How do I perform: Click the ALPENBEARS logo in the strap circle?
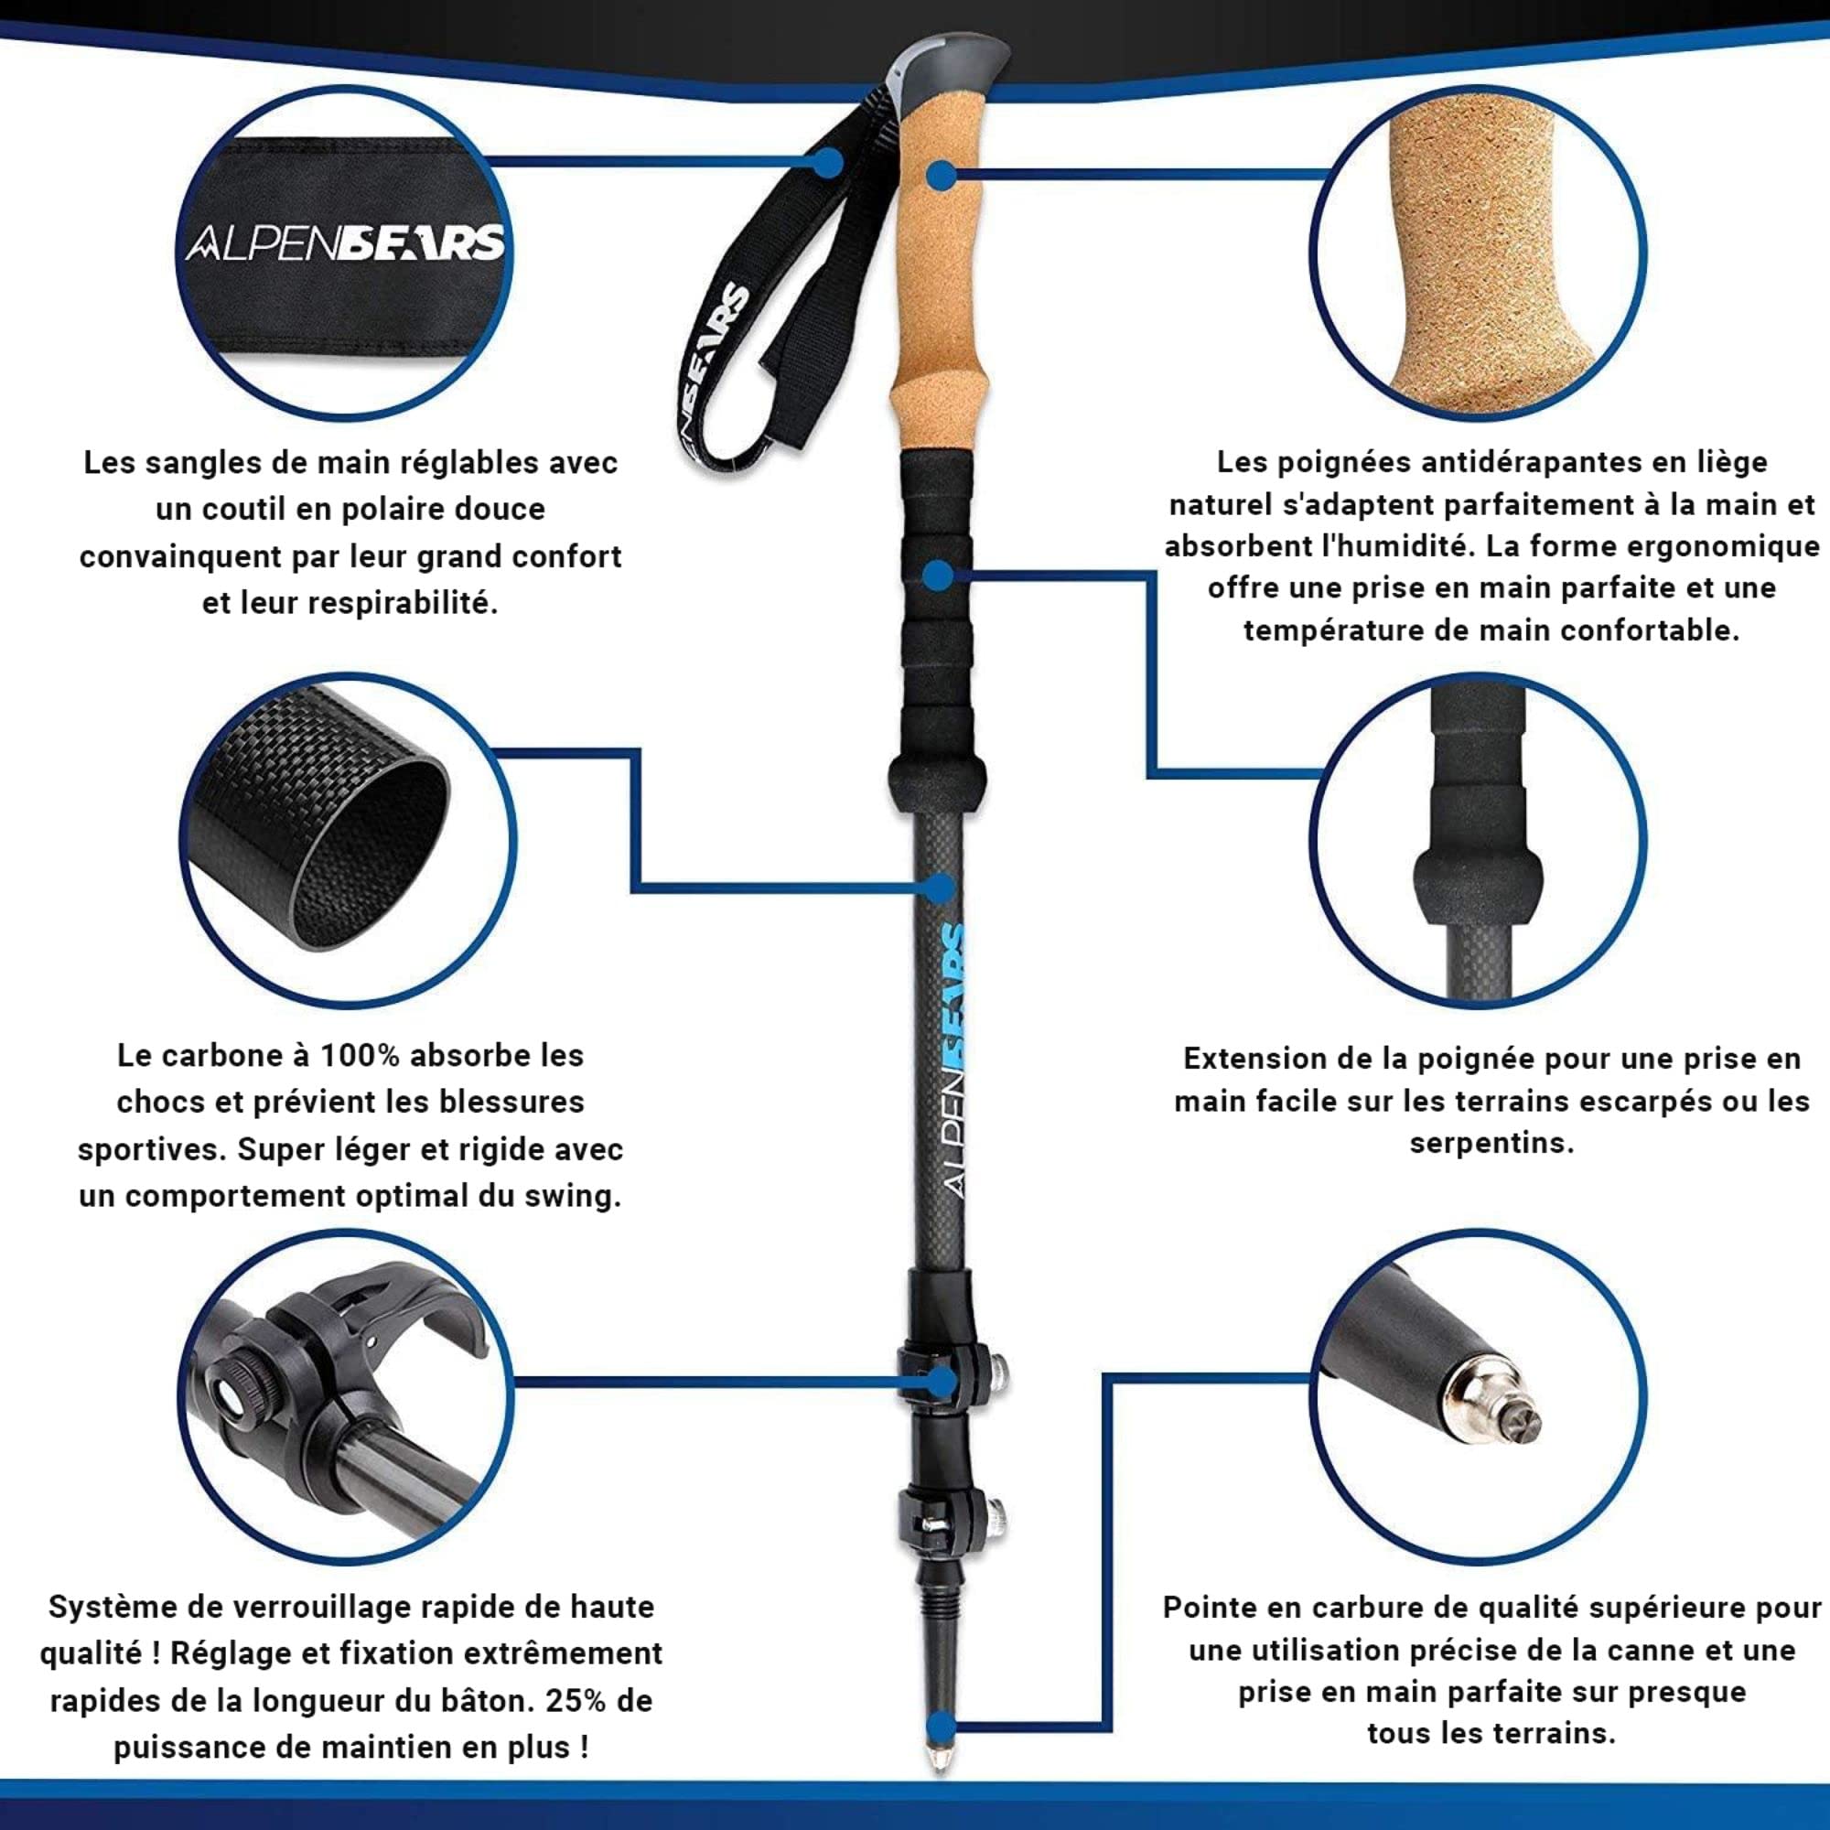coord(345,245)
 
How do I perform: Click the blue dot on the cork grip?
coord(940,177)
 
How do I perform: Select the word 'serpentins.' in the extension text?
coord(1491,1143)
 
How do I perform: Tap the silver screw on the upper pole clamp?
coord(996,1370)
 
